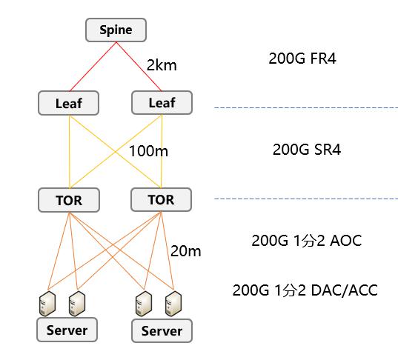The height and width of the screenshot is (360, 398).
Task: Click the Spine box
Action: tap(116, 30)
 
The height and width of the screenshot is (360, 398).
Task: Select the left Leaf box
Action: tap(68, 103)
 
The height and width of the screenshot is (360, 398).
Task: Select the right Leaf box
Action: tap(162, 102)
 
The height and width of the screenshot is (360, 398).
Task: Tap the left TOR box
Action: tap(69, 200)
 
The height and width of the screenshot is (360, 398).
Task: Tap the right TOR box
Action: tap(161, 200)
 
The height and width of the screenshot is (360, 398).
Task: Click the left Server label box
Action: tap(67, 330)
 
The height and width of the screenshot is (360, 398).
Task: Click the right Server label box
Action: tap(162, 331)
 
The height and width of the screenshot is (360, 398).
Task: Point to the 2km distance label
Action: tap(162, 65)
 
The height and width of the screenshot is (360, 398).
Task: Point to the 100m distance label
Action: tap(148, 151)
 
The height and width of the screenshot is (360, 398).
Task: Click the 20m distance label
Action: tap(186, 251)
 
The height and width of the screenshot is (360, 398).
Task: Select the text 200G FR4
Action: tap(302, 59)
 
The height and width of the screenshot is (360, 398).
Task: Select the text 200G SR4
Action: tap(307, 150)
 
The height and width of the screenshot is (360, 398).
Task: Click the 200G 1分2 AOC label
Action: tap(307, 241)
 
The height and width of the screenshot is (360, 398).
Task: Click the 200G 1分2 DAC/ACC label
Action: tap(305, 290)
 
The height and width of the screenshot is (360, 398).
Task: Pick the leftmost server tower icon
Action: tap(47, 304)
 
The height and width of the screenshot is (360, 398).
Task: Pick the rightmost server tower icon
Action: tap(173, 304)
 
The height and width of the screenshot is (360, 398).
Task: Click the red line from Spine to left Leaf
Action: tap(93, 67)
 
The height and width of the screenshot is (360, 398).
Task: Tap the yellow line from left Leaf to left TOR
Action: tap(69, 151)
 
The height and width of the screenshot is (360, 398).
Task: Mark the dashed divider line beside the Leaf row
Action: tap(306, 108)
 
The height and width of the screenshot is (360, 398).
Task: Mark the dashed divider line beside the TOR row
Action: tap(306, 199)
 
